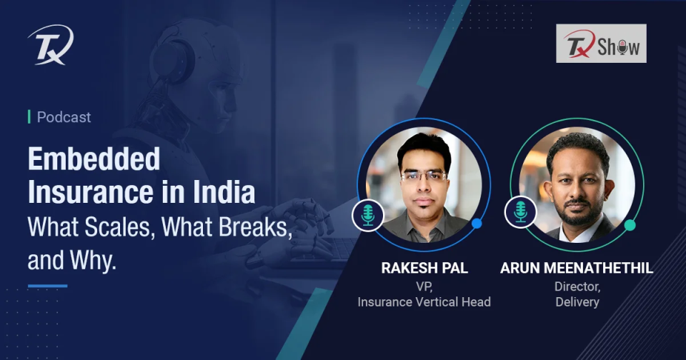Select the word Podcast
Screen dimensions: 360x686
[64, 117]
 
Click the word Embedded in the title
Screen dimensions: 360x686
[94, 159]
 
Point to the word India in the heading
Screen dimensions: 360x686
[227, 194]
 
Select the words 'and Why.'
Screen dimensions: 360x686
[71, 260]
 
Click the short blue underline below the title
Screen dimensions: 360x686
[47, 286]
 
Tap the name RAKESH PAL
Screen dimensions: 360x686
[424, 269]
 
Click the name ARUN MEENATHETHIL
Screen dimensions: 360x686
[577, 269]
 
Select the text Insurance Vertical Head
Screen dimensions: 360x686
[424, 301]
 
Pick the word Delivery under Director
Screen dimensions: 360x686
[577, 301]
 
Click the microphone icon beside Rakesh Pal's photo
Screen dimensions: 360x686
[368, 214]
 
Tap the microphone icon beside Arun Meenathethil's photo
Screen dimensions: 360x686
[520, 212]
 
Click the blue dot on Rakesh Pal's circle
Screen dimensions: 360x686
[477, 224]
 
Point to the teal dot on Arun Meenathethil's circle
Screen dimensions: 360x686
[630, 225]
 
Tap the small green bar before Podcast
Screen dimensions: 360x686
[29, 117]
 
